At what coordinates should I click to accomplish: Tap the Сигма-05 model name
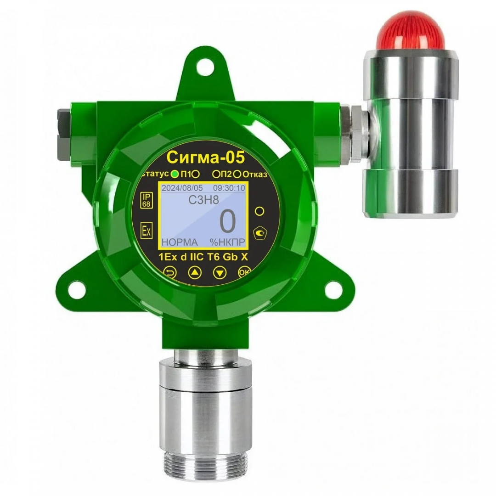(x=206, y=157)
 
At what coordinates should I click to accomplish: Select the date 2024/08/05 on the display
(x=182, y=188)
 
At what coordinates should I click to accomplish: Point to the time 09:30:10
(x=229, y=188)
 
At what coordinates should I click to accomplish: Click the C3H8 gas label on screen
(x=204, y=200)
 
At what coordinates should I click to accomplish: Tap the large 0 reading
(x=228, y=221)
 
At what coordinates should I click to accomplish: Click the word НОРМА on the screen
(x=180, y=242)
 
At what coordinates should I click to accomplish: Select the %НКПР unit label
(x=227, y=242)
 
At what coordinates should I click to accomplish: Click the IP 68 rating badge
(x=147, y=200)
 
